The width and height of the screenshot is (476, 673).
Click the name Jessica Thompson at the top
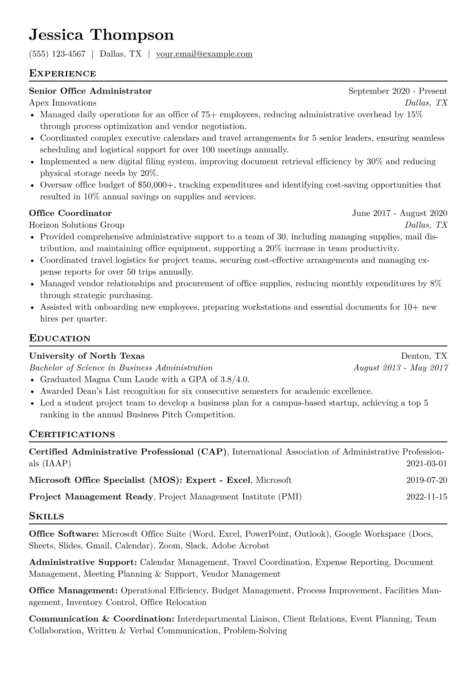coord(101,35)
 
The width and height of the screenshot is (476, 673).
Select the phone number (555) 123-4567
coord(57,54)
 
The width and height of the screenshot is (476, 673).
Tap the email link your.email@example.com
coord(204,54)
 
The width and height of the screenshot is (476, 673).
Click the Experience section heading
coord(62,74)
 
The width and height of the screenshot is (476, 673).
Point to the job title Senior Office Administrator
coord(90,91)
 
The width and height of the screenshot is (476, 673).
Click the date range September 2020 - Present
coord(398,91)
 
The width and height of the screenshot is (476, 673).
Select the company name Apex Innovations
coord(62,103)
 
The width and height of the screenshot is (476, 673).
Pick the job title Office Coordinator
coord(70,213)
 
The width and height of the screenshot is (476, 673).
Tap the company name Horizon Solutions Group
coord(77,225)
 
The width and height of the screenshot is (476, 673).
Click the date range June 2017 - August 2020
coord(399,213)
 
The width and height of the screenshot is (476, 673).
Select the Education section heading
coord(60,338)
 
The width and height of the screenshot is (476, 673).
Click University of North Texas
coord(87,356)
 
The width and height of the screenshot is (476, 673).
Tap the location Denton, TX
coord(424,356)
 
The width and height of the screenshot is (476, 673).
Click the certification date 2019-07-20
coord(426,480)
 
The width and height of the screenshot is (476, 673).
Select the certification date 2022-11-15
coord(426,497)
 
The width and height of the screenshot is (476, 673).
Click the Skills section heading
coord(46,516)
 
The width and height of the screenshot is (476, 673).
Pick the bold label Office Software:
coord(64,534)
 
